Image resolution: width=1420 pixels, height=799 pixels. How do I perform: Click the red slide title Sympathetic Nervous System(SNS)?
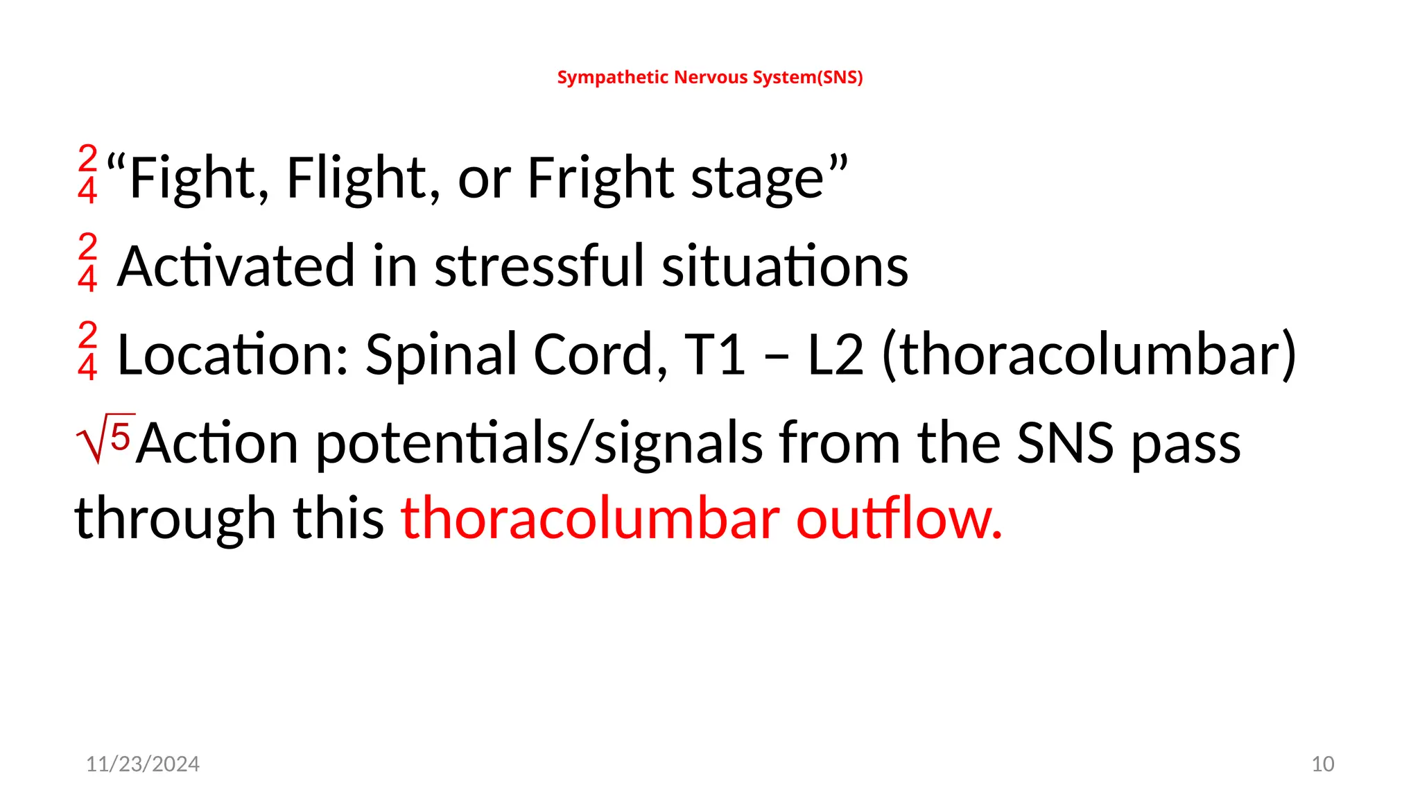[710, 77]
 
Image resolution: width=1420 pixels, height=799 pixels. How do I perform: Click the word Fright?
[600, 178]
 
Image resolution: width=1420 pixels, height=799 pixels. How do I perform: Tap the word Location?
[232, 354]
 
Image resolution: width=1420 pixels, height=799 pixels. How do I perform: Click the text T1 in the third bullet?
[714, 354]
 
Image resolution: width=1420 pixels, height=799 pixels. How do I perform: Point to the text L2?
[835, 354]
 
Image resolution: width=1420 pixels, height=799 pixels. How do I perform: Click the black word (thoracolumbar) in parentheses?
[1089, 354]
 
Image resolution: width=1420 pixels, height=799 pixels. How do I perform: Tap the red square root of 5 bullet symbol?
[104, 438]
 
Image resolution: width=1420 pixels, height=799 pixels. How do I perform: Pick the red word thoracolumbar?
[590, 518]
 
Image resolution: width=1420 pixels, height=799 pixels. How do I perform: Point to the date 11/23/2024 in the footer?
[142, 764]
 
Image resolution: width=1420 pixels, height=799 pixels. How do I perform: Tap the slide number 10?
[1322, 764]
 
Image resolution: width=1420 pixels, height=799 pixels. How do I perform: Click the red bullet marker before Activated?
[87, 262]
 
